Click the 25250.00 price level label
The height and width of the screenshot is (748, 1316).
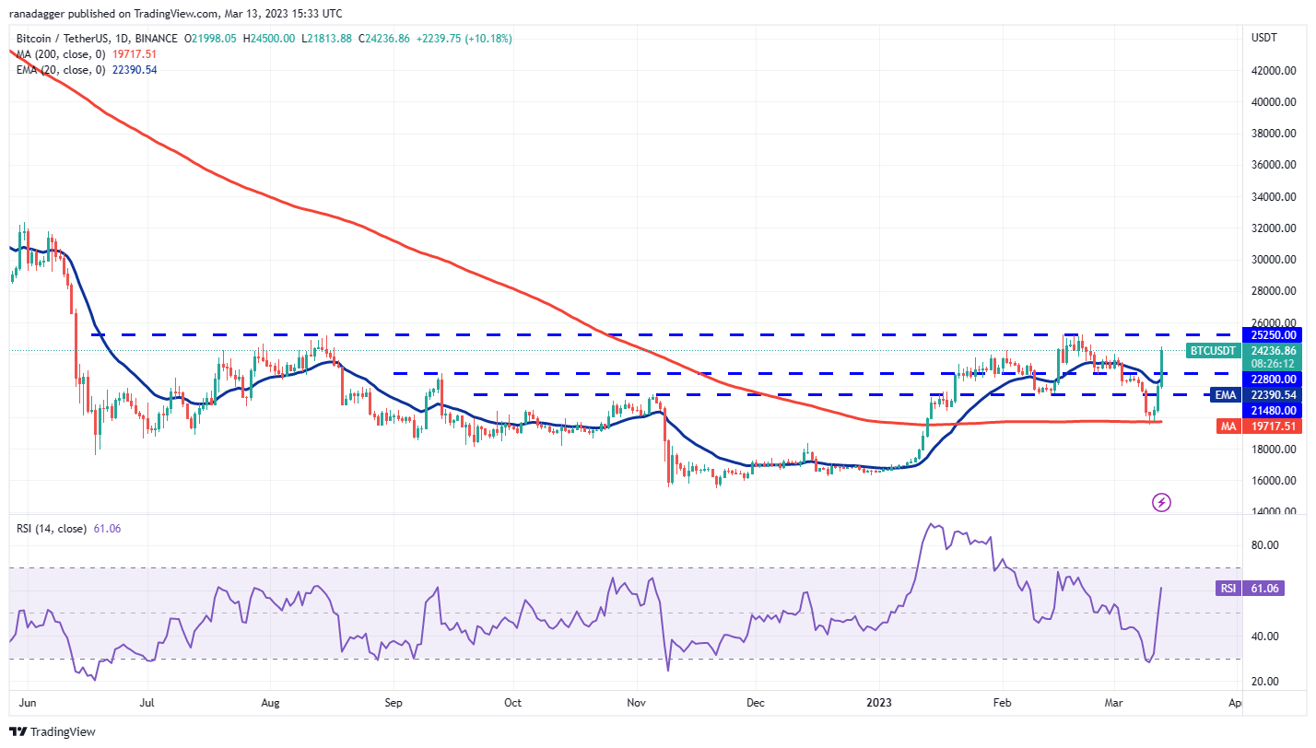tap(1274, 335)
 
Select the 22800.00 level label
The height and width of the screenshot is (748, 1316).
tap(1274, 379)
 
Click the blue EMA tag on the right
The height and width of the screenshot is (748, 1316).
tap(1224, 394)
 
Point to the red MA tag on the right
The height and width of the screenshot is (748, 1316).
tap(1227, 427)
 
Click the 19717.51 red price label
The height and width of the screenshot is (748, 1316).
tap(1274, 427)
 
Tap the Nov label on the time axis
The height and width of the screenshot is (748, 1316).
tap(637, 703)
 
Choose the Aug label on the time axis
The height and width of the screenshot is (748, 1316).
tap(270, 703)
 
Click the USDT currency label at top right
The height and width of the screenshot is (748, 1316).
tap(1263, 38)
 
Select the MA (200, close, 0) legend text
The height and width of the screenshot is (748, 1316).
tap(55, 54)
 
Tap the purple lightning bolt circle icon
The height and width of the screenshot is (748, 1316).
tap(1162, 502)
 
